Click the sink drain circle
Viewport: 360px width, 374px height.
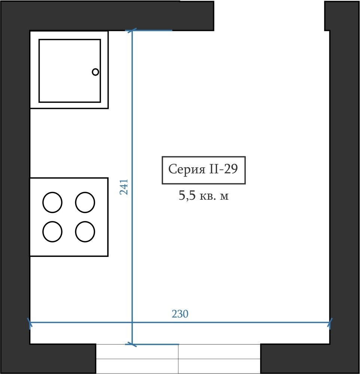(x=95, y=72)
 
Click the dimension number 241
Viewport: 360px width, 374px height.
(x=124, y=187)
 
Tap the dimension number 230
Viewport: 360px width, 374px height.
(x=180, y=314)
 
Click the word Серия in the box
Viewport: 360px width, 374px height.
(x=187, y=169)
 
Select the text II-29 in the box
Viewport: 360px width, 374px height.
(x=223, y=169)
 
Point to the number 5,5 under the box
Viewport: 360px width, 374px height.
(x=187, y=196)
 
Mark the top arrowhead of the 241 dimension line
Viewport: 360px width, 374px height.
(x=132, y=31)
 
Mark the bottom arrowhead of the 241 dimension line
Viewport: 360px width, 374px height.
(x=132, y=344)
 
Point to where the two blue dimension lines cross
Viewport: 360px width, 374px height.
(x=132, y=322)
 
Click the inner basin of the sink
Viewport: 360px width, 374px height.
(x=70, y=71)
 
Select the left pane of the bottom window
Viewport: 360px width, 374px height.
(x=137, y=359)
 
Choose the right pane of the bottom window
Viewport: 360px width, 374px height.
(x=219, y=359)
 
